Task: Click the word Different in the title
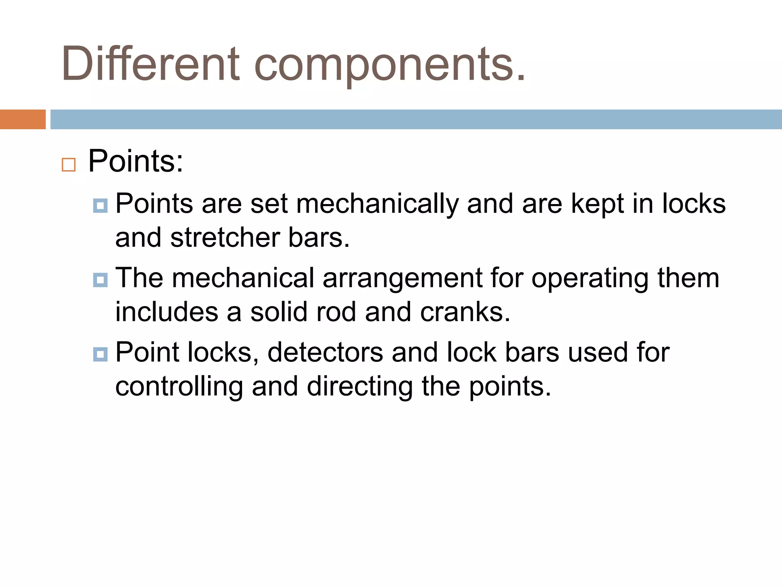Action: [x=150, y=63]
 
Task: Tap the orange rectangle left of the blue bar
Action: [x=23, y=119]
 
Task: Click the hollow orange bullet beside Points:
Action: [x=69, y=165]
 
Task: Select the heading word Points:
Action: [x=136, y=161]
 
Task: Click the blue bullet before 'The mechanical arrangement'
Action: [x=100, y=280]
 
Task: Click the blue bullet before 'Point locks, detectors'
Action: [x=100, y=354]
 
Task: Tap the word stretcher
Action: [x=225, y=238]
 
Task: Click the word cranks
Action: [x=465, y=312]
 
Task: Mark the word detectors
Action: [x=325, y=352]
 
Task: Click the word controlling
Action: [x=179, y=387]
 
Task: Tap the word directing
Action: [x=359, y=387]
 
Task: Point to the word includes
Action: [x=167, y=312]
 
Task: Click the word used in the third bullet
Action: [x=598, y=352]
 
